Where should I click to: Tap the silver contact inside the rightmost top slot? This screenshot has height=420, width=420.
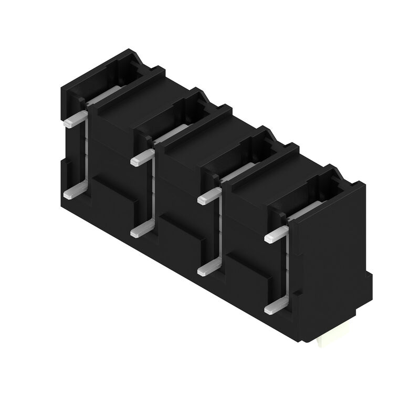pos(307,210)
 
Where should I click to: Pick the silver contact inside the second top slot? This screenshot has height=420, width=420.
pos(171,134)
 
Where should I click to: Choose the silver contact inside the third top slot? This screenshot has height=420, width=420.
pos(239,172)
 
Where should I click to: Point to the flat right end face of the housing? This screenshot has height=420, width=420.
pos(331,262)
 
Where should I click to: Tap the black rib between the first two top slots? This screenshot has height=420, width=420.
pos(129,89)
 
